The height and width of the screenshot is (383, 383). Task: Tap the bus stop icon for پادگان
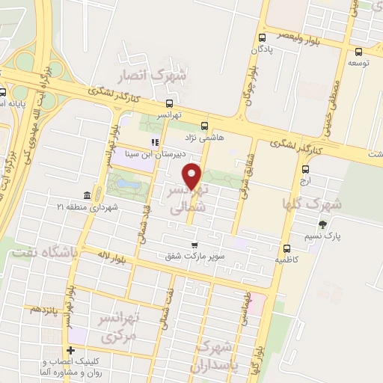click(262, 38)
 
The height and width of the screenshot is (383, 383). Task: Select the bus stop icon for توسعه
click(360, 52)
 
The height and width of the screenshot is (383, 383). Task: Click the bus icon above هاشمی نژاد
click(205, 126)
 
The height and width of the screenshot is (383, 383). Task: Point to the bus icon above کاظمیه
click(287, 249)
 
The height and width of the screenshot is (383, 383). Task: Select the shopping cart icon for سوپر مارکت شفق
click(194, 245)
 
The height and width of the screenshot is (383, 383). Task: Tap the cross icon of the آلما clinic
click(70, 350)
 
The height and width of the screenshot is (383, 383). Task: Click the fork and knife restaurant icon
click(155, 141)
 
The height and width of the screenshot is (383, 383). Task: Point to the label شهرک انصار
click(155, 76)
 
